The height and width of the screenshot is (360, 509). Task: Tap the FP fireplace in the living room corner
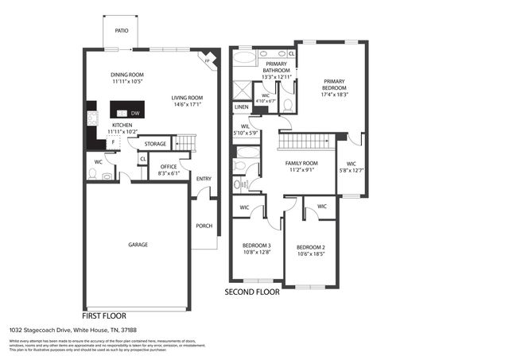(208, 61)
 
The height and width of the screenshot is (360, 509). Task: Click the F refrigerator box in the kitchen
(114, 143)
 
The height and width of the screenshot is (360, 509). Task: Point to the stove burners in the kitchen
(91, 118)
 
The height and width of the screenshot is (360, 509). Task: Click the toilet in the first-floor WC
(93, 173)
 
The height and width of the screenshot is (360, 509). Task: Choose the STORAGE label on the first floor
(155, 144)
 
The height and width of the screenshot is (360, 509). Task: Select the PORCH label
(204, 226)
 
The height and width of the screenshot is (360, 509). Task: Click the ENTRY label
(204, 178)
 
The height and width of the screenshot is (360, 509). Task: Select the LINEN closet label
(241, 107)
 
